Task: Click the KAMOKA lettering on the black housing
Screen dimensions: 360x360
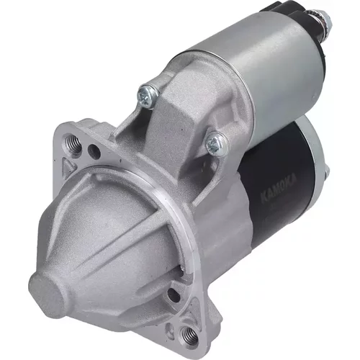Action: point(279,189)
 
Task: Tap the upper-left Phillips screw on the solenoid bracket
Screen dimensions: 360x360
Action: point(148,96)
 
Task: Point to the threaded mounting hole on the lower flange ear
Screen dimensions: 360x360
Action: point(189,334)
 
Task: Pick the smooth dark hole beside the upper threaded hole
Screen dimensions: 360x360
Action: point(94,152)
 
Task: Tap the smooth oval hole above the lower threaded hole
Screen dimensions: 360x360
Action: point(174,295)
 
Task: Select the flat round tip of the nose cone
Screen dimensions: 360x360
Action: point(47,294)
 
